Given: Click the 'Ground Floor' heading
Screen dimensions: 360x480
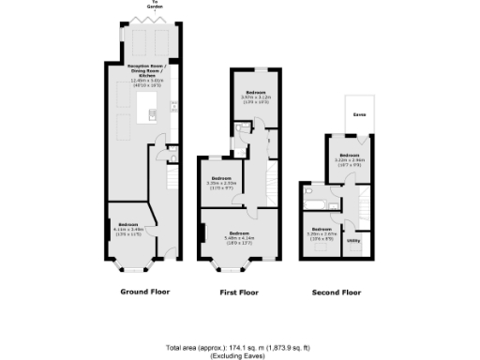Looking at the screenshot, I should coord(143,292).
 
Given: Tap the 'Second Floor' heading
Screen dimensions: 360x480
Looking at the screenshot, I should coord(336,292).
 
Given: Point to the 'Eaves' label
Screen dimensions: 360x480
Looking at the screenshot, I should coord(359,115).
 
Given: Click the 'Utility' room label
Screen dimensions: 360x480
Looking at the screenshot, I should coord(353,241).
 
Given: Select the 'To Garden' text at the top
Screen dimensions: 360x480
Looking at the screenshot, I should coord(143,6).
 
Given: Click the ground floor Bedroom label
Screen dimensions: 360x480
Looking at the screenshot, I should coord(128,224).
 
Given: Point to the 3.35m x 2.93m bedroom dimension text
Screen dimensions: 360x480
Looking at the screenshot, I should coord(221,184).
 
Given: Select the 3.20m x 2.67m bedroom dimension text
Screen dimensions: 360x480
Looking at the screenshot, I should coord(322,234).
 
